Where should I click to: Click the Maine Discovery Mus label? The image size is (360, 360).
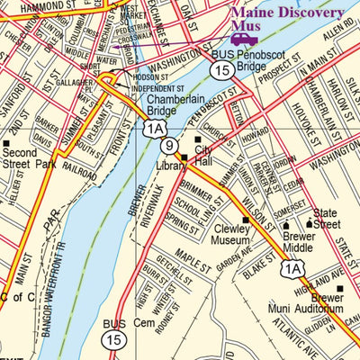point(287,20)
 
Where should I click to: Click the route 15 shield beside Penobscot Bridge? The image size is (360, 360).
point(220,68)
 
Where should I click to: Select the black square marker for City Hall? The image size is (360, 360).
point(200,140)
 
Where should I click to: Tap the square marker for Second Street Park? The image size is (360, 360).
point(7,142)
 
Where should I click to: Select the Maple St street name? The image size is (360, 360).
point(191,256)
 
